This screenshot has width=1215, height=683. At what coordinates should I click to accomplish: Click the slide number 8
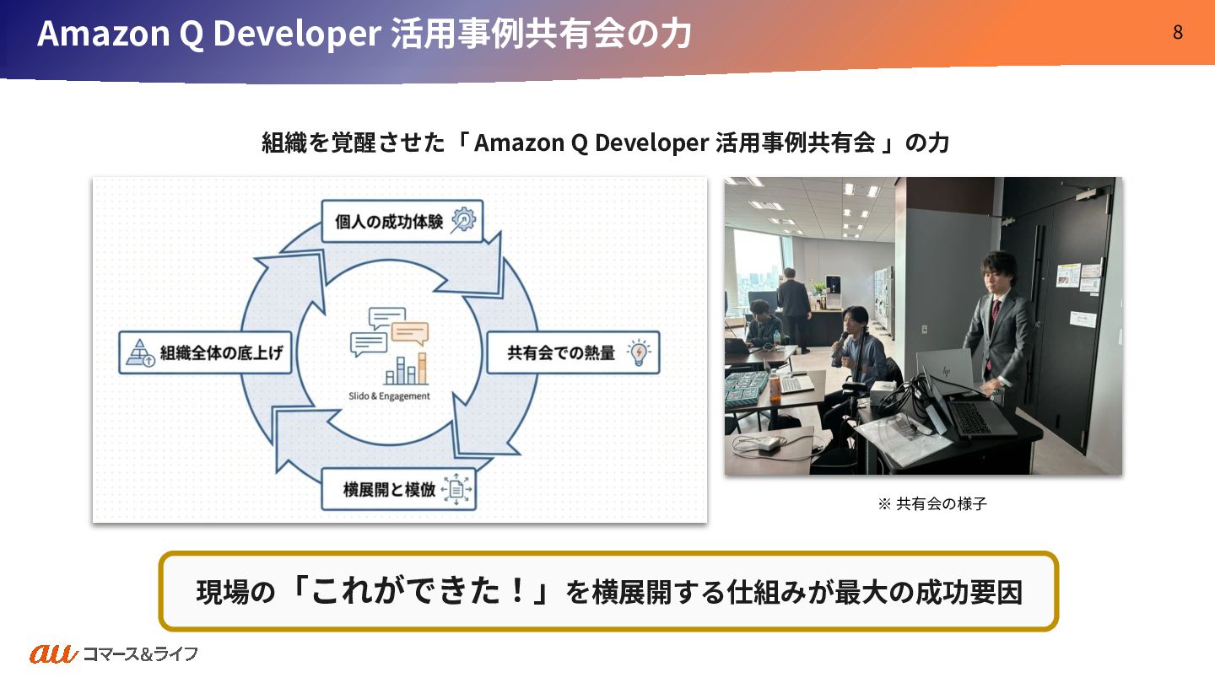(1177, 33)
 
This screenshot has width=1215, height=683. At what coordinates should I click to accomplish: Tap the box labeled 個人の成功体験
(402, 221)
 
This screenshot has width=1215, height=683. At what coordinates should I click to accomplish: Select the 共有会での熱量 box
(572, 352)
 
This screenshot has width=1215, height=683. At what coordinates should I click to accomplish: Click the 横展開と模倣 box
(398, 489)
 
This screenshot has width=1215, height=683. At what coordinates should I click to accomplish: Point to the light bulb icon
(640, 352)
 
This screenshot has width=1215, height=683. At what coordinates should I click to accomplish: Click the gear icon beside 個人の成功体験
(463, 220)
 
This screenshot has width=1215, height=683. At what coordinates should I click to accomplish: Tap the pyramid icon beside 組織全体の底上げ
(139, 353)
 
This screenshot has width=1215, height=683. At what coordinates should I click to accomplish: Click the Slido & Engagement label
(389, 395)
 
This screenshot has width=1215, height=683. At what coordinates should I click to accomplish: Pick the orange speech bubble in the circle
(410, 334)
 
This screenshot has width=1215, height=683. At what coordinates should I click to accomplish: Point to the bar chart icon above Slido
(406, 369)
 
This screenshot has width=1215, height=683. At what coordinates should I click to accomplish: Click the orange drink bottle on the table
(774, 385)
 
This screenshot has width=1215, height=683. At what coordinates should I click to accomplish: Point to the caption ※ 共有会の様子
(931, 504)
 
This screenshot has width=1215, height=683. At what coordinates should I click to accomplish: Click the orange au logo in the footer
(54, 653)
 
